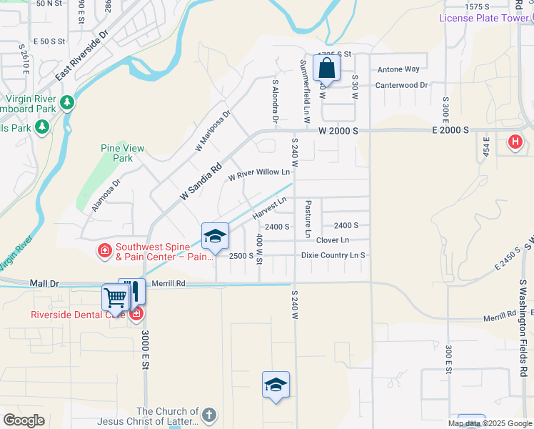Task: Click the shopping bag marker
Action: point(326,69)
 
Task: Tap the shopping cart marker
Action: point(114,297)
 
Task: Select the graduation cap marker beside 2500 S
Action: point(215,236)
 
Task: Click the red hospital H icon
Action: point(514,142)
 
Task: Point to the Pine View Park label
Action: point(122,153)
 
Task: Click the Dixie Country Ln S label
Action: point(333,255)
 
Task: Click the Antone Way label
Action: point(398,69)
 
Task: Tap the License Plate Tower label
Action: point(483,18)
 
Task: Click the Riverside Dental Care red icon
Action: point(136,313)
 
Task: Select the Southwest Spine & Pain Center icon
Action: point(104,250)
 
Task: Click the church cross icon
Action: point(208,415)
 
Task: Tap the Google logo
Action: point(24,420)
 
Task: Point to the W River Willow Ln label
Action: point(259,172)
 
